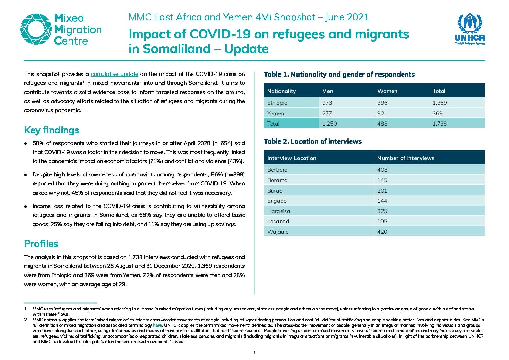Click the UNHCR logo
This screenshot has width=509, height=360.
click(x=470, y=29)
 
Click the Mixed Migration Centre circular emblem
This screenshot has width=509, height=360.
click(x=36, y=29)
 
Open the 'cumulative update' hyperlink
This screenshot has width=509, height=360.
click(x=114, y=74)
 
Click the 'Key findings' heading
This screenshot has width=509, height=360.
click(x=52, y=130)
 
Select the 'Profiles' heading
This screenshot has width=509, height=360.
click(x=41, y=244)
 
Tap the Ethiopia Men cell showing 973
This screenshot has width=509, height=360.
click(x=327, y=103)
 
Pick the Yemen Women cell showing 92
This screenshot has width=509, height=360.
click(x=380, y=113)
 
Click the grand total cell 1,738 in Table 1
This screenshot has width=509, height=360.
click(x=439, y=124)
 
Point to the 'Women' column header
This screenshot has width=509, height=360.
click(x=387, y=91)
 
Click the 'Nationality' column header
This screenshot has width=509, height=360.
click(x=282, y=91)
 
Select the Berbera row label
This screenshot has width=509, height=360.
click(x=277, y=170)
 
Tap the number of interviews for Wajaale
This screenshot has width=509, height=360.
click(x=382, y=232)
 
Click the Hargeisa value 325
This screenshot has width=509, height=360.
click(x=382, y=211)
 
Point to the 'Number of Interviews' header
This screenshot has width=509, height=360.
click(x=406, y=158)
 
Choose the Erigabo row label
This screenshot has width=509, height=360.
click(x=277, y=201)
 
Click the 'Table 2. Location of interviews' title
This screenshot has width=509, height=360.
click(x=313, y=142)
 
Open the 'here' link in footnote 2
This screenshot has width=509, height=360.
click(x=157, y=325)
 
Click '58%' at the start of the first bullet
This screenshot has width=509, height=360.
click(x=38, y=143)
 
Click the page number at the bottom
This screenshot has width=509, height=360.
click(x=254, y=353)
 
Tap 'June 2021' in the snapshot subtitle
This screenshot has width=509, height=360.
click(x=347, y=17)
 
